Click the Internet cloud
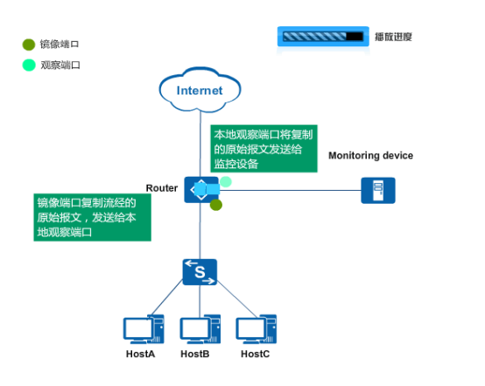coord(200,89)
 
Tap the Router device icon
coord(201,190)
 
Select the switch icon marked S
coord(200,272)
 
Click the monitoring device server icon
coord(378,190)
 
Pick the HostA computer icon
coord(144,329)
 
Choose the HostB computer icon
coord(200,329)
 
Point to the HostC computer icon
coord(257,329)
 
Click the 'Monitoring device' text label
coord(370,156)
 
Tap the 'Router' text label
coord(162,188)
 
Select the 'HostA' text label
coord(140,354)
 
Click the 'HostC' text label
coord(255,354)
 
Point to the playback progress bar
coord(323,37)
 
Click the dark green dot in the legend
coord(29,45)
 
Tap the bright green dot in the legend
coord(29,65)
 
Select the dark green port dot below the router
coord(216,205)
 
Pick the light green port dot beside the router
coord(226,182)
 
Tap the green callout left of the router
coord(92,217)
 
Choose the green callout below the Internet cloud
coord(264,149)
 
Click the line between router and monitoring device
coord(290,190)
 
